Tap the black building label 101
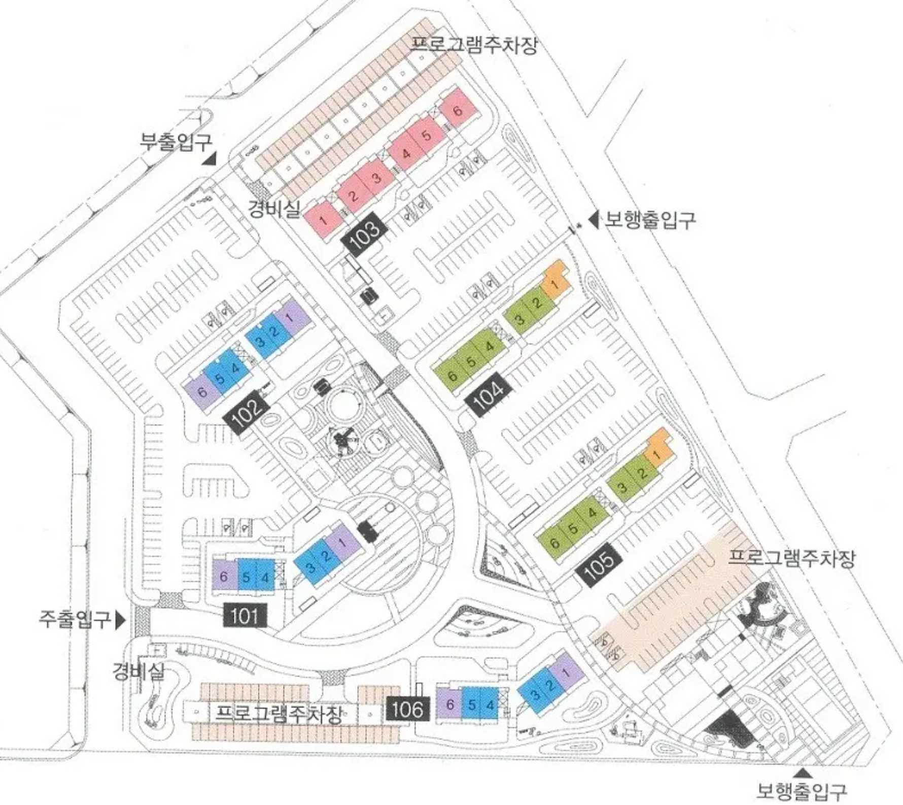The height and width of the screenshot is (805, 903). click(x=245, y=616)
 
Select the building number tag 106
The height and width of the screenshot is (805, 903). click(x=407, y=709)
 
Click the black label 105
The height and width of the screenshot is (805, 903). click(x=599, y=564)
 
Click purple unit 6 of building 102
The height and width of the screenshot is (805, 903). click(x=201, y=392)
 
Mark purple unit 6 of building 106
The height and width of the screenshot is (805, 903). click(x=449, y=704)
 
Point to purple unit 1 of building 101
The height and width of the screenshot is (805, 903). click(x=342, y=541)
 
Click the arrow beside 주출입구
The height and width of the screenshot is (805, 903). click(x=120, y=620)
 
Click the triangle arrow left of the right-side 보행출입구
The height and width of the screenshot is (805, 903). click(x=593, y=219)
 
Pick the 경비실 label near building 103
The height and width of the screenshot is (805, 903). click(x=274, y=208)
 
